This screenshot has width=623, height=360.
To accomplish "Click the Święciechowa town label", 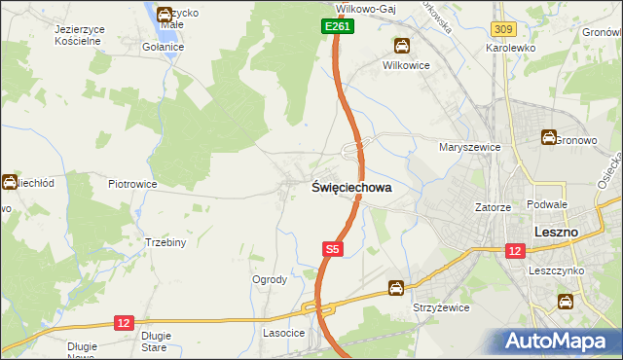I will point(351,189).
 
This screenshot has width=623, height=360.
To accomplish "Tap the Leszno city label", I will point(557,232).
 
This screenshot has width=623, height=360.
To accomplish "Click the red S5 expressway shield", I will point(333,250).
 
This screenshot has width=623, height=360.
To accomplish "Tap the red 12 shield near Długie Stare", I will point(124,322).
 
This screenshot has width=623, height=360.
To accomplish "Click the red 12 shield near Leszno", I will point(514,250).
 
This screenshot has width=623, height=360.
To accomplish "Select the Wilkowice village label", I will point(406,65).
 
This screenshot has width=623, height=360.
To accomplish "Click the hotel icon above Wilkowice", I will point(400,46).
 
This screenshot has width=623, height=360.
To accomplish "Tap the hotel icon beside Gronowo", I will point(550,138).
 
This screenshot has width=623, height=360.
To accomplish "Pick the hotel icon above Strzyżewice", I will point(396,287).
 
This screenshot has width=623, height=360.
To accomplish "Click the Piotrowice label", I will point(132,183).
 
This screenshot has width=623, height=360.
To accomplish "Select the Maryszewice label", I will point(469,148).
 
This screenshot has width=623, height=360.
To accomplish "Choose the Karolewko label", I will point(513,47).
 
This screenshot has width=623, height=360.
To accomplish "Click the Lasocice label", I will point(284,333).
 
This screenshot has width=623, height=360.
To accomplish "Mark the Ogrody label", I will point(270,279).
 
